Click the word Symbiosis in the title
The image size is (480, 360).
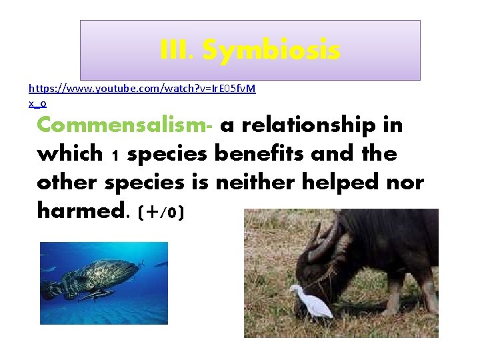click(271, 50)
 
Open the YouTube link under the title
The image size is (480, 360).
click(141, 88)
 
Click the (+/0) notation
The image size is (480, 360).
click(161, 213)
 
